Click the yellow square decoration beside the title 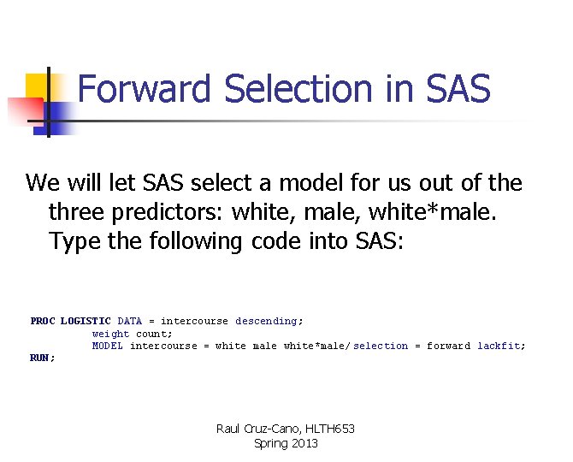[38, 86]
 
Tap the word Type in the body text [75, 241]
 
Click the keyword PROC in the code [42, 321]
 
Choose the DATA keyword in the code [130, 321]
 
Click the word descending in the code [266, 321]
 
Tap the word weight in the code [110, 334]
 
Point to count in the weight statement [153, 334]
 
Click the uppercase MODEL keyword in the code [108, 346]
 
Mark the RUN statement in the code [41, 358]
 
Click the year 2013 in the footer [304, 443]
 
